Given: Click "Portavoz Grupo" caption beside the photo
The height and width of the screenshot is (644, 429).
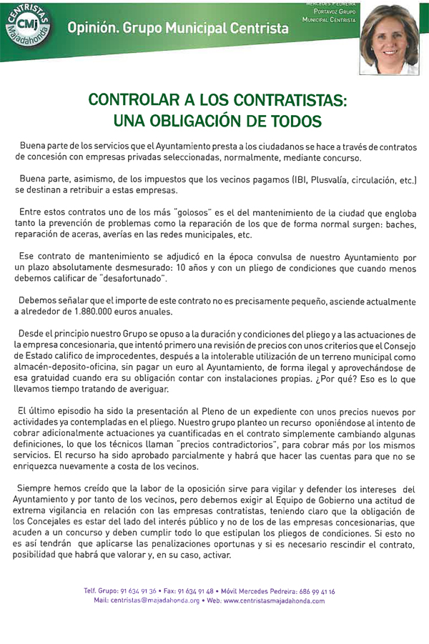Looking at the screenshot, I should click(330, 12).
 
